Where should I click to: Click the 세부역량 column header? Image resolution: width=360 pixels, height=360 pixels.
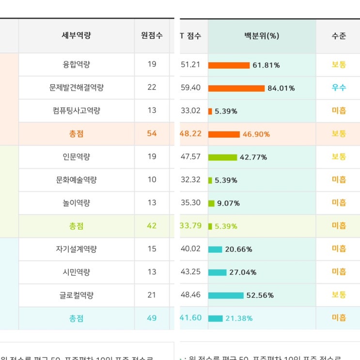tap(77, 35)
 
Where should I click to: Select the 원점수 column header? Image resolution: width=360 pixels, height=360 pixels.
tap(152, 35)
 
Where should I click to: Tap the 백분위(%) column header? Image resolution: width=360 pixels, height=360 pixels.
tap(262, 35)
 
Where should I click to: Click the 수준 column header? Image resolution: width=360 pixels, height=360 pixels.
tap(339, 35)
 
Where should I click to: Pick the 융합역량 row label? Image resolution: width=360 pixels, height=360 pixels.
tap(77, 64)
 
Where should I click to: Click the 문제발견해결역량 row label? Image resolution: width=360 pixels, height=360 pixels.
tap(77, 88)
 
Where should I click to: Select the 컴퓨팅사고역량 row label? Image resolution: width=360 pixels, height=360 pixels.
tap(77, 110)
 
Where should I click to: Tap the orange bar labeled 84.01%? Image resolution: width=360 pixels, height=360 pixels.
tap(236, 88)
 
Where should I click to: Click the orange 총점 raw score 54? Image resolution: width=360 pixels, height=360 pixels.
tap(152, 133)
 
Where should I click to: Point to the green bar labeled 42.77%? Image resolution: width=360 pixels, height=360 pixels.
tap(222, 157)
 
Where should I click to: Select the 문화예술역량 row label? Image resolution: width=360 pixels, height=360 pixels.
tap(77, 180)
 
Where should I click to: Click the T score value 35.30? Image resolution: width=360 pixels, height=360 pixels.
tap(190, 203)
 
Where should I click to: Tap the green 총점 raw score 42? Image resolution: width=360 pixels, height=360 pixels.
tap(152, 226)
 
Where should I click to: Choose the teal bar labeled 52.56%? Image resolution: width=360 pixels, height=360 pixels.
tap(226, 296)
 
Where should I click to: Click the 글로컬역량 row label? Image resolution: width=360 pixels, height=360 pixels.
tap(77, 295)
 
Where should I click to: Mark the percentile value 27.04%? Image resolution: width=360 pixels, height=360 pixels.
tap(243, 272)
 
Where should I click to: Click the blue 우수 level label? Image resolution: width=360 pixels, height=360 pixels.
tap(339, 88)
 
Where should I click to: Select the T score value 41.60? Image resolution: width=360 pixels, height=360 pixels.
tap(190, 318)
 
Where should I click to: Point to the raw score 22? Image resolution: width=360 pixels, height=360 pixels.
tap(152, 87)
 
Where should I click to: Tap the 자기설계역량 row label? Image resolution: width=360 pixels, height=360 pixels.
tap(77, 249)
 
